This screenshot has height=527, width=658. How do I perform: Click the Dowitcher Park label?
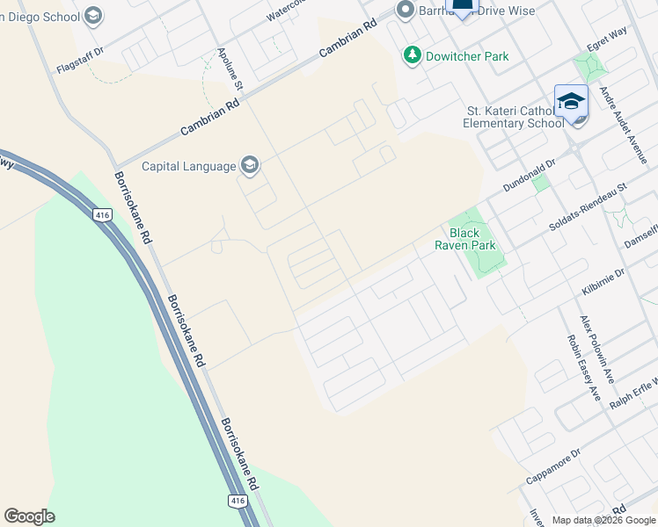467,56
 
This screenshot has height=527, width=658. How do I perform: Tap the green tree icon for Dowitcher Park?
412,56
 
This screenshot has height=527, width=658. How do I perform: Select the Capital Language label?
188,166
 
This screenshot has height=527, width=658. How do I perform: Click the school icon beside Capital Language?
250,165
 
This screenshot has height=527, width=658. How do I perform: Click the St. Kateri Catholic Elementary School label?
515,117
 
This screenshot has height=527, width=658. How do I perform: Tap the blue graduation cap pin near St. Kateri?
571,103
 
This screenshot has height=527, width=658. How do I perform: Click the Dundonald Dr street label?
530,176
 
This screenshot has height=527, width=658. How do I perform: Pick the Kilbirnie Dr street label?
603,282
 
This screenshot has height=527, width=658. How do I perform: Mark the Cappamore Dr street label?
554,467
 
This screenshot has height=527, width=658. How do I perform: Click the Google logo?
29,516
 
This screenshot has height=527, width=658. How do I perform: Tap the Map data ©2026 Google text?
603,520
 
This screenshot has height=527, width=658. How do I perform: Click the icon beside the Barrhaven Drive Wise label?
405,11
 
